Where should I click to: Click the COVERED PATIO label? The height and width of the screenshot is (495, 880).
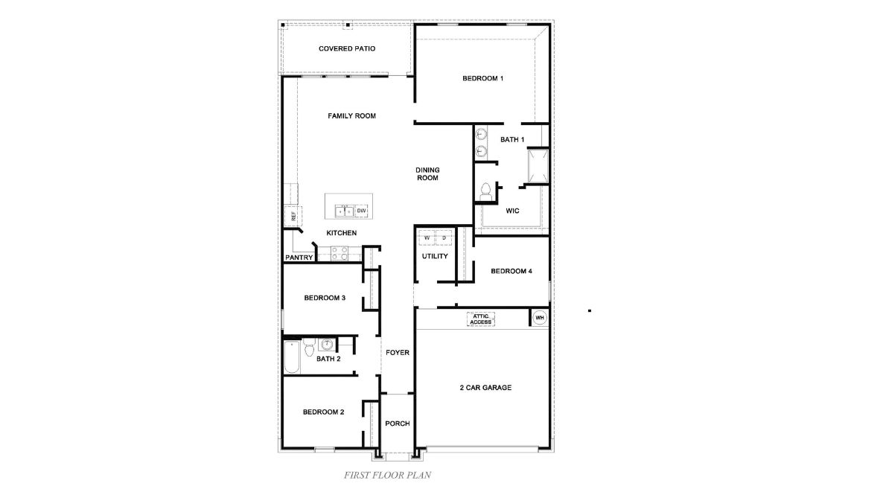tap(346, 48)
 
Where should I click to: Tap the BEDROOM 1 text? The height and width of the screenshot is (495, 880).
tap(482, 78)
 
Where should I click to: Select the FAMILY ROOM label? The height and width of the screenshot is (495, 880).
tap(351, 116)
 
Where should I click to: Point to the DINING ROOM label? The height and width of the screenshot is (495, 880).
tap(427, 174)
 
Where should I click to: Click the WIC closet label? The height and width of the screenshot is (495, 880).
tap(512, 211)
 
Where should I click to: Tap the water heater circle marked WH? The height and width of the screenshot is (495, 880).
tap(540, 318)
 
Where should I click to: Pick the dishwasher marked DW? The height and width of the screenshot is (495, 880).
tap(362, 211)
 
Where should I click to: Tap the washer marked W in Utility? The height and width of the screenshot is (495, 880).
tap(427, 238)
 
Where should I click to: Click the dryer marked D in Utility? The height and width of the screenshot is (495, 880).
tap(444, 238)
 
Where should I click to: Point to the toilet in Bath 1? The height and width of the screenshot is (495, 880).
tap(485, 191)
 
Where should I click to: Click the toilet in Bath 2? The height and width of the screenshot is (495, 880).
tap(309, 346)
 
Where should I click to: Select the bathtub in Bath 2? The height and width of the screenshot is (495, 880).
tap(291, 358)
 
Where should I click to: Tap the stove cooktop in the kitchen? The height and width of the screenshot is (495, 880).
tap(339, 254)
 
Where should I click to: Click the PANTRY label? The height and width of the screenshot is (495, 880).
tap(299, 258)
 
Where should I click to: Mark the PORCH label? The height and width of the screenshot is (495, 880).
tap(398, 424)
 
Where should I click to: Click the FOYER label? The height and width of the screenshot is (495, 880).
tap(398, 353)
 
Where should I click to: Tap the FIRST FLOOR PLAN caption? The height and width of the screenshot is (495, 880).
tap(388, 474)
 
